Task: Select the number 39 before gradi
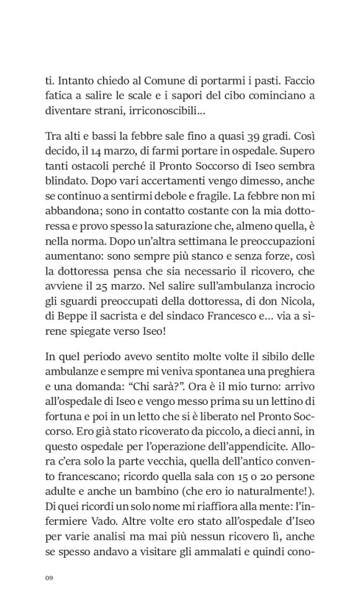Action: (x=254, y=137)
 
